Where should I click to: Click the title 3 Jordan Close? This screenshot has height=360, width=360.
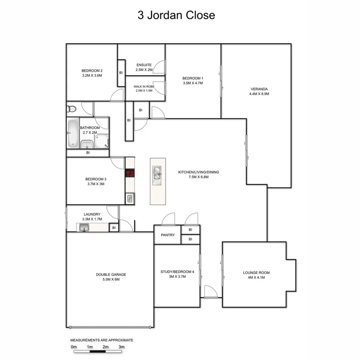[x=176, y=16]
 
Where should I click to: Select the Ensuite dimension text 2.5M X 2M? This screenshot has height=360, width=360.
[x=144, y=70]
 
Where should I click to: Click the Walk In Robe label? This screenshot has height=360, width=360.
[x=144, y=86]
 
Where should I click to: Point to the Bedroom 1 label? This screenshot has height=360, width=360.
[x=193, y=78]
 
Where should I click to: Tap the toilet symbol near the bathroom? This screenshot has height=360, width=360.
[x=71, y=108]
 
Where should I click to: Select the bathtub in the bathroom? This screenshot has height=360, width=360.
[x=73, y=133]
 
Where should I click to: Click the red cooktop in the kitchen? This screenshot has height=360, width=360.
[x=130, y=173]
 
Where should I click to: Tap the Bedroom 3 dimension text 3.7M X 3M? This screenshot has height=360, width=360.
[x=96, y=184]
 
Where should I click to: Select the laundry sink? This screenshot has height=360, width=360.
[x=84, y=228]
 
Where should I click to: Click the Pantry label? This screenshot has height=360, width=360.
[x=168, y=235]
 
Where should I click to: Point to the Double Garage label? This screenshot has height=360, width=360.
[x=111, y=274]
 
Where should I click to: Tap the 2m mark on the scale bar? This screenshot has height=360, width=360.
[x=105, y=347]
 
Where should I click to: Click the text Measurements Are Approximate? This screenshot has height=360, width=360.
[x=102, y=340]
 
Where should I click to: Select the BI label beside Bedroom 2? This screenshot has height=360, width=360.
[x=121, y=72]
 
